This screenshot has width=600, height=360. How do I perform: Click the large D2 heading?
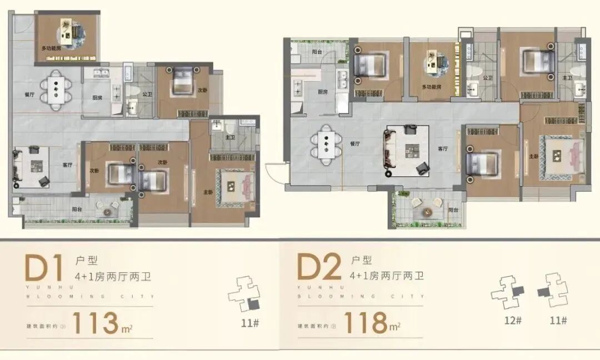[x=318, y=268]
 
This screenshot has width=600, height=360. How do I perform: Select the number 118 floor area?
[x=366, y=323]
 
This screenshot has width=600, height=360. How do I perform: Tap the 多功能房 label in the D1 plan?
[x=51, y=49]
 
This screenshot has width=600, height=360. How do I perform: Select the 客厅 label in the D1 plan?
[x=67, y=164]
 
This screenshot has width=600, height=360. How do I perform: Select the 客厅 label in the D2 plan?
[x=443, y=148]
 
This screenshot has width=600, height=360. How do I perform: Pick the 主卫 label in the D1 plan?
[x=229, y=137]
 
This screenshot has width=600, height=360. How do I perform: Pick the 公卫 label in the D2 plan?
[x=488, y=78]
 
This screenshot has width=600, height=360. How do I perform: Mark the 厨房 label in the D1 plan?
[x=97, y=98]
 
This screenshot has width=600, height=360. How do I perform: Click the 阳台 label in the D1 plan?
[x=78, y=210]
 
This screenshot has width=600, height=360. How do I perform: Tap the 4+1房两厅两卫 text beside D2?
[x=387, y=276]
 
